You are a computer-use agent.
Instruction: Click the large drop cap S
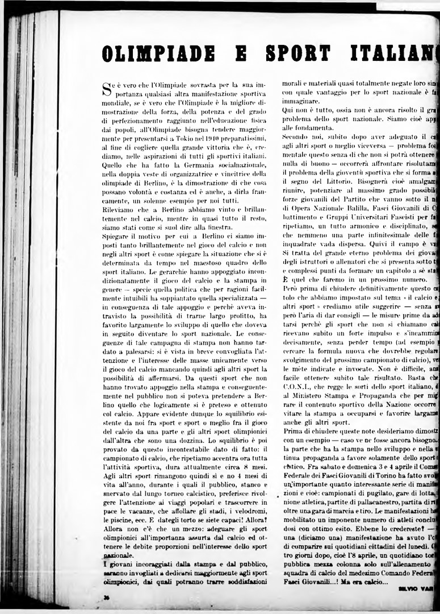[106, 88]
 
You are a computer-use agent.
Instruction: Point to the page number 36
[106, 597]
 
